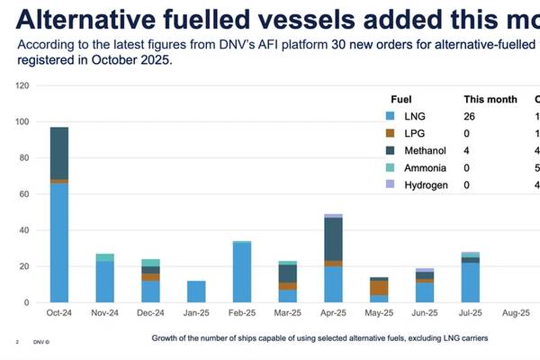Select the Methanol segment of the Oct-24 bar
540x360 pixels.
(59, 153)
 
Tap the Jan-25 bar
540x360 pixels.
(196, 292)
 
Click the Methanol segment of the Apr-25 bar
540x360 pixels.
(333, 239)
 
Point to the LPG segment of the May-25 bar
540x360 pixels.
(379, 287)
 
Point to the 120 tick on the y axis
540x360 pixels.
(24, 85)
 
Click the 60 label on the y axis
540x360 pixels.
(26, 194)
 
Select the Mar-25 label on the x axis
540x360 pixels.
(288, 314)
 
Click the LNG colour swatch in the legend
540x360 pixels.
(389, 116)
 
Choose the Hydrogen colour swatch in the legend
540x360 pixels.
(389, 184)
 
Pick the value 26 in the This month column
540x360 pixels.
(470, 116)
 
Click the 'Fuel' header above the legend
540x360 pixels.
(402, 99)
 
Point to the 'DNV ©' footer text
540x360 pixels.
(42, 342)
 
